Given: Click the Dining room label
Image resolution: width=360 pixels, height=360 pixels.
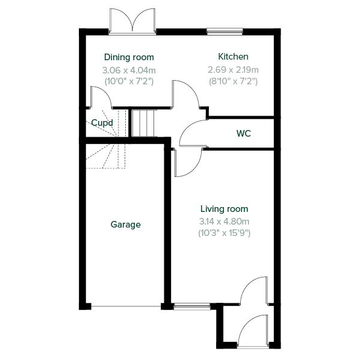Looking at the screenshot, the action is click(x=129, y=57).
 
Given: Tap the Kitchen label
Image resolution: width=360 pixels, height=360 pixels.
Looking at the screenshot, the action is click(x=233, y=57).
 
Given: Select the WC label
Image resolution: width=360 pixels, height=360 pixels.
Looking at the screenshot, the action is click(x=243, y=134).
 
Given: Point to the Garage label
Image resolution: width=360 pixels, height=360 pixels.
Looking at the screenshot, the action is click(x=126, y=225).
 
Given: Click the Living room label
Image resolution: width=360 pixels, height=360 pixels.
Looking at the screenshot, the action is click(x=225, y=209).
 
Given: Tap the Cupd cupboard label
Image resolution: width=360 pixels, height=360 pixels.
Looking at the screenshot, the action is click(x=102, y=123).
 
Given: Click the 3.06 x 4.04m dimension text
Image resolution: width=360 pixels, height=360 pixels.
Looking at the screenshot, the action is click(x=129, y=70).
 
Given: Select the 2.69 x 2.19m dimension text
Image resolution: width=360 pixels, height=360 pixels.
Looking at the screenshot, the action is click(x=233, y=70).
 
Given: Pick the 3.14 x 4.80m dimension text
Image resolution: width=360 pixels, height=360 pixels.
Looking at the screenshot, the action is click(x=225, y=222).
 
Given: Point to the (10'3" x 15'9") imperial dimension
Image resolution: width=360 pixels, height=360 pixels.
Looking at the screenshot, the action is click(x=225, y=233).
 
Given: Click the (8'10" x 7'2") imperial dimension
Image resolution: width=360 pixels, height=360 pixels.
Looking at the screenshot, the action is click(x=233, y=81).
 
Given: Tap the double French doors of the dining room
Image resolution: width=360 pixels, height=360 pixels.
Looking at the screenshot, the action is click(x=132, y=22).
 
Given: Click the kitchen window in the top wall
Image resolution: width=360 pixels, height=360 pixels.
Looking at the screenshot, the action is click(x=225, y=31).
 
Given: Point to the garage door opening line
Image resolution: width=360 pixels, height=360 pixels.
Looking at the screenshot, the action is click(x=126, y=306).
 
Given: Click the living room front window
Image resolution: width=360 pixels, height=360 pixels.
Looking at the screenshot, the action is click(x=192, y=306).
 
